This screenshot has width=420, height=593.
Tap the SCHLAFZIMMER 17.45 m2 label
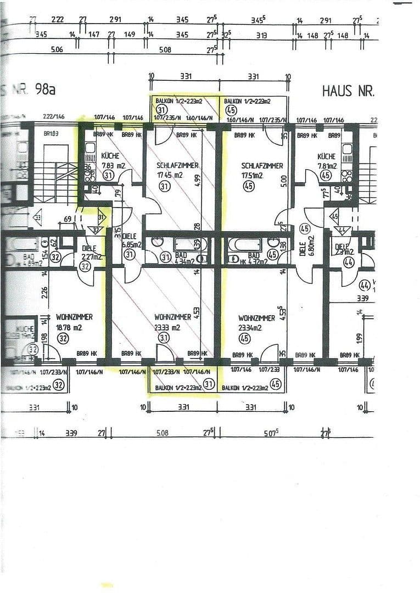coord(177,170)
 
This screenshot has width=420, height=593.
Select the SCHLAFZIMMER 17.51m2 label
coord(262,170)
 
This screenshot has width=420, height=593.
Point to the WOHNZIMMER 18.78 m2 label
coord(74,322)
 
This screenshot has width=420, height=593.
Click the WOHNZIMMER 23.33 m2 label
coord(172,322)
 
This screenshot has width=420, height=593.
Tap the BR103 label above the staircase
coord(51,134)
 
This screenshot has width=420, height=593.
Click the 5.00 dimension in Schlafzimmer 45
coord(283,182)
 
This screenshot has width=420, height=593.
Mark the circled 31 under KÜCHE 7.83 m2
coord(108,176)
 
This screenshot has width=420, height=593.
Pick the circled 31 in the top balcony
coord(161,110)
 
